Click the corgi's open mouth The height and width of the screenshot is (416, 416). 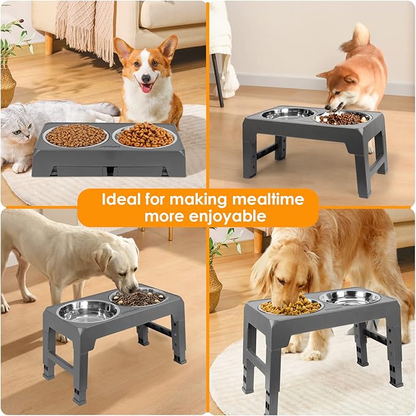[x=146, y=88]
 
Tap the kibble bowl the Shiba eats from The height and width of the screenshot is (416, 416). [x=343, y=118]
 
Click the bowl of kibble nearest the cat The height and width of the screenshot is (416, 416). [x=76, y=135]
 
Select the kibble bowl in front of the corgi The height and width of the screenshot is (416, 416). [x=146, y=135]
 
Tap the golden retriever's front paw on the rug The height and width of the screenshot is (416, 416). [x=312, y=355]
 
